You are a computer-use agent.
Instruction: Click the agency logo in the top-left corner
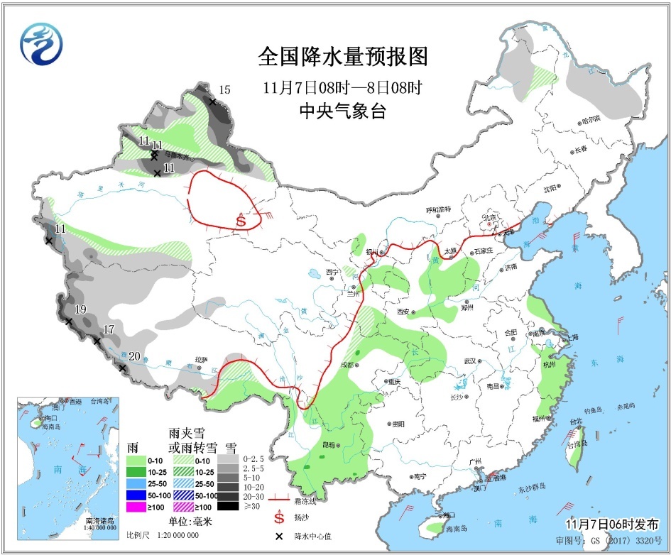pyautogui.click(x=42, y=42)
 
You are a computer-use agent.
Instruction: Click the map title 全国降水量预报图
pyautogui.click(x=343, y=55)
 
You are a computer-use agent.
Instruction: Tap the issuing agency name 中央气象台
pyautogui.click(x=343, y=111)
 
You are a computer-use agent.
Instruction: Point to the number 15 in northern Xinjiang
pyautogui.click(x=224, y=89)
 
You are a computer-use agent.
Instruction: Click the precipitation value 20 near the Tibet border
pyautogui.click(x=134, y=357)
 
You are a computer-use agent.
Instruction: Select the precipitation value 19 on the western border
pyautogui.click(x=80, y=309)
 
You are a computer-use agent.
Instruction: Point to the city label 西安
pyautogui.click(x=405, y=312)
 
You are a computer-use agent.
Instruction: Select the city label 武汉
pyautogui.click(x=469, y=361)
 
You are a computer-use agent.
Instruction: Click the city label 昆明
pyautogui.click(x=329, y=444)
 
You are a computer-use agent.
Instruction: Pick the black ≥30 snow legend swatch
pyautogui.click(x=228, y=505)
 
